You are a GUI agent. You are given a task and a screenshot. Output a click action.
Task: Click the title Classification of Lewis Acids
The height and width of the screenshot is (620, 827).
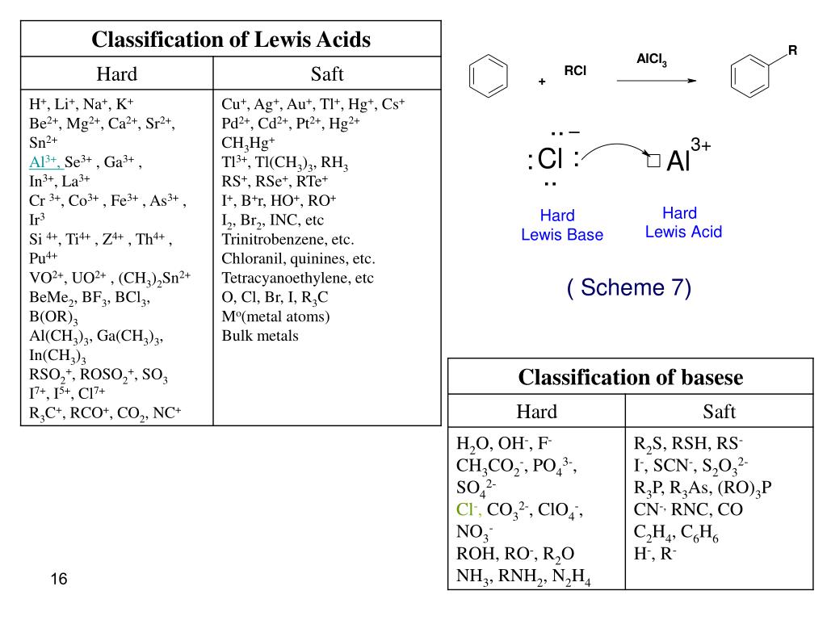click(x=230, y=40)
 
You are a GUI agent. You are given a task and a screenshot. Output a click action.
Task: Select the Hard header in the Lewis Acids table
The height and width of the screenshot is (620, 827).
click(x=117, y=75)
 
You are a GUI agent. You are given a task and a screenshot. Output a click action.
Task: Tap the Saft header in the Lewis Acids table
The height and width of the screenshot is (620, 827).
click(x=327, y=75)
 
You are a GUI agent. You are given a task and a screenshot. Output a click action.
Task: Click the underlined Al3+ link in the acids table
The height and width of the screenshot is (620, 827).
click(x=45, y=161)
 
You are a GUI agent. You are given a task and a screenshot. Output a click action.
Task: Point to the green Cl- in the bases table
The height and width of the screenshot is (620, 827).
click(x=468, y=509)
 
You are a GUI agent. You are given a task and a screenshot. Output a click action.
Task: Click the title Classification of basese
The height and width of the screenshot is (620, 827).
click(x=630, y=377)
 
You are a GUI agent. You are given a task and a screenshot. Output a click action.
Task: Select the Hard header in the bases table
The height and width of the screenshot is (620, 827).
click(x=537, y=412)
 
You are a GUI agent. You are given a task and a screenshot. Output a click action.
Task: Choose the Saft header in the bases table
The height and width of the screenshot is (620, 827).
click(x=719, y=412)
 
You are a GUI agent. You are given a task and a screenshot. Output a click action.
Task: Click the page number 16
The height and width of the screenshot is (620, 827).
click(x=58, y=580)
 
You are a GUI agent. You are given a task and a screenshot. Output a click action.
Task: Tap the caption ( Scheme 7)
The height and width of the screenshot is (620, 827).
click(x=629, y=288)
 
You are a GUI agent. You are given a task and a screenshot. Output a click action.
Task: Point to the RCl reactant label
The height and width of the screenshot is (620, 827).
click(x=575, y=72)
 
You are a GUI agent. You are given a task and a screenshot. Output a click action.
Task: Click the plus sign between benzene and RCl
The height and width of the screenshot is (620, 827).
click(x=542, y=82)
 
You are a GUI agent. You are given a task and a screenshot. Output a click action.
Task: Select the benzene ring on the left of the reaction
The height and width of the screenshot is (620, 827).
click(x=489, y=77)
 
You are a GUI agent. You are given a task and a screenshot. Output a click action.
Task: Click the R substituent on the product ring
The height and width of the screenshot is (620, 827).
click(x=792, y=51)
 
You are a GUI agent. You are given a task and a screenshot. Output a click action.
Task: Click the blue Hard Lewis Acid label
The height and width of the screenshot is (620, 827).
click(x=683, y=223)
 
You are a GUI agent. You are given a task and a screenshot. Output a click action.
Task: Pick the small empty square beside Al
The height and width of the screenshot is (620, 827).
click(x=653, y=161)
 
